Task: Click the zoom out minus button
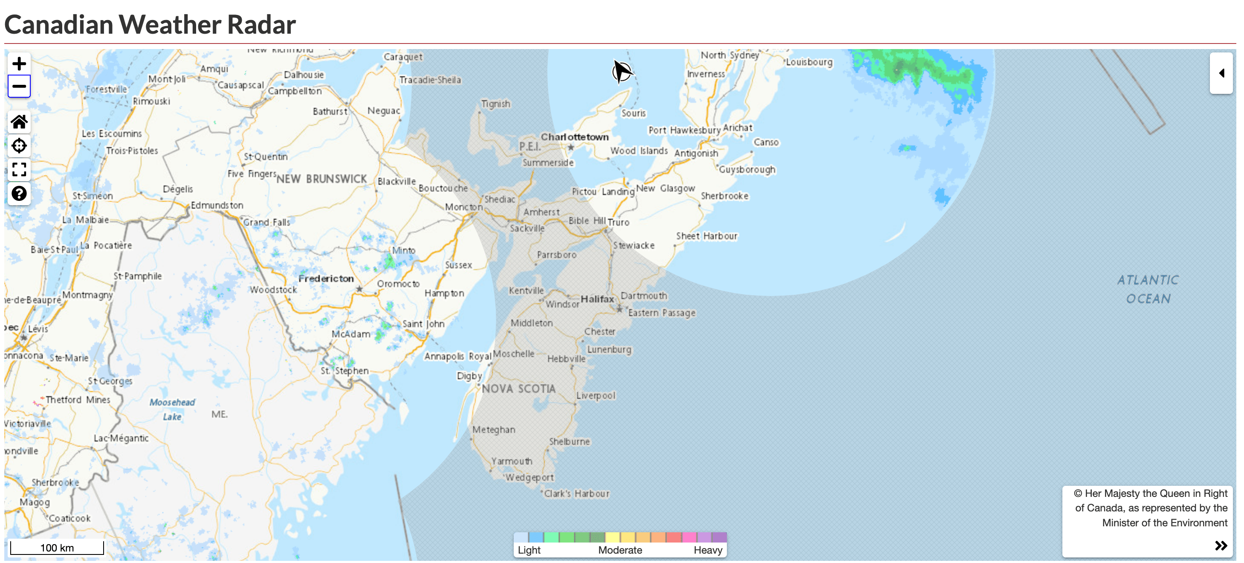pyautogui.click(x=19, y=87)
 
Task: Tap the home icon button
pyautogui.click(x=19, y=122)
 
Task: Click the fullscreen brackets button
pyautogui.click(x=19, y=169)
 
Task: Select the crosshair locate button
pyautogui.click(x=19, y=145)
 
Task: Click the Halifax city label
pyautogui.click(x=597, y=299)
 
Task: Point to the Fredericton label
pyautogui.click(x=326, y=279)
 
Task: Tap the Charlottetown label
pyautogui.click(x=574, y=137)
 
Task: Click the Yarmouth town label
pyautogui.click(x=512, y=461)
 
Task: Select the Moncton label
pyautogui.click(x=463, y=207)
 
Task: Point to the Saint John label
pyautogui.click(x=423, y=324)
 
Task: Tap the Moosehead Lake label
pyautogui.click(x=172, y=409)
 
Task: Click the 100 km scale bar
pyautogui.click(x=57, y=548)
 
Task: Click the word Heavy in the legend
pyautogui.click(x=707, y=550)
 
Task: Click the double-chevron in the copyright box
pyautogui.click(x=1221, y=546)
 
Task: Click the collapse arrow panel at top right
pyautogui.click(x=1221, y=73)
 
